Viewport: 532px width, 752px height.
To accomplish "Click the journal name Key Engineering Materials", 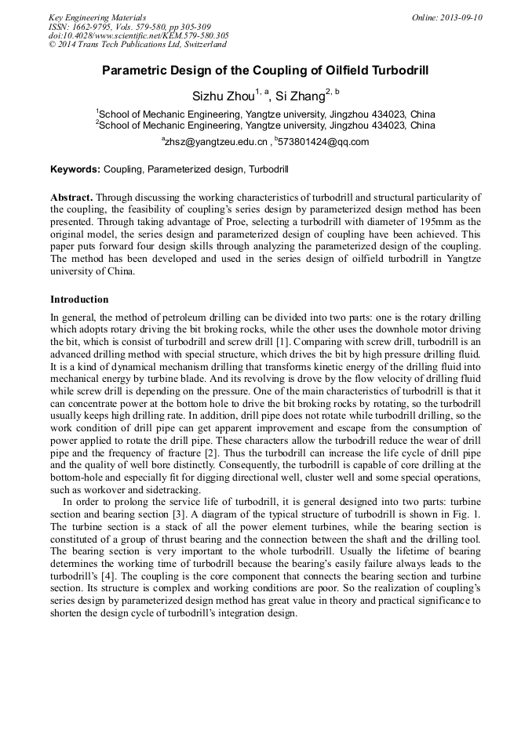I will tap(97, 17).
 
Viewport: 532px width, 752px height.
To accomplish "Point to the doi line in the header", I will tap(138, 35).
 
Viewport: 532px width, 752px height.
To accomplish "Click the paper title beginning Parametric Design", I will tap(265, 71).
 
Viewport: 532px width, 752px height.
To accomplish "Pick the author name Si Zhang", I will tap(300, 96).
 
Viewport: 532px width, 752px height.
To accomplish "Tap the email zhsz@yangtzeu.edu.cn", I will tap(216, 142).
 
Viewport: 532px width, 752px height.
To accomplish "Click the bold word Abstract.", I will tap(71, 198).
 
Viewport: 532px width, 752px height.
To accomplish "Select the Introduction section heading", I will tap(79, 300).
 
